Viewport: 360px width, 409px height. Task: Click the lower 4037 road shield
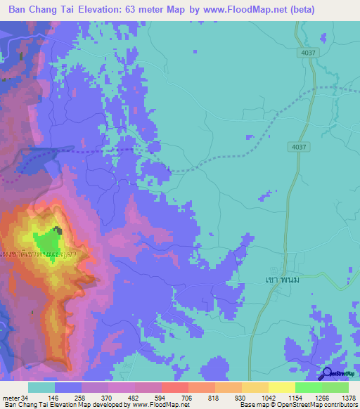pyautogui.click(x=298, y=146)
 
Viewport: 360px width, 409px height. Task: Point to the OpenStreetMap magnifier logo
pyautogui.click(x=325, y=375)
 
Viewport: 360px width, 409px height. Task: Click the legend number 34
pyautogui.click(x=25, y=398)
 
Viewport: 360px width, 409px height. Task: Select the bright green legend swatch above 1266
pyautogui.click(x=308, y=387)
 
